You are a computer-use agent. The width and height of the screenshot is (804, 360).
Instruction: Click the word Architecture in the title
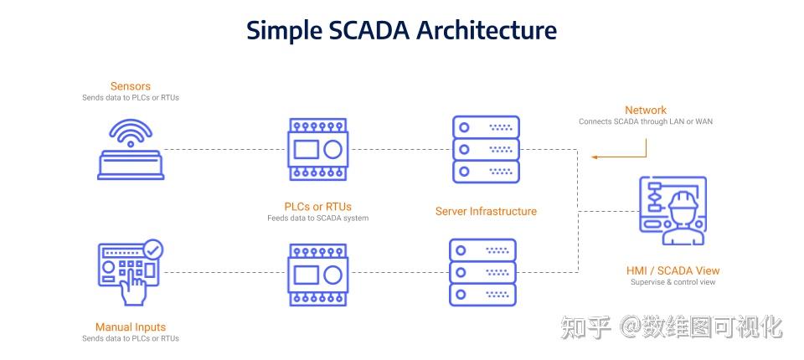click(487, 30)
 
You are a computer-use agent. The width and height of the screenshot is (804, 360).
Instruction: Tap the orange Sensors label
click(131, 86)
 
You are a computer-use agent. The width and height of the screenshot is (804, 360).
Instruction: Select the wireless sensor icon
click(131, 150)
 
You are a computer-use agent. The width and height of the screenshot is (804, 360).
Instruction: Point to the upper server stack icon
click(486, 150)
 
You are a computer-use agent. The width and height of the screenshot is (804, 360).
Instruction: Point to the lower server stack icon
click(482, 272)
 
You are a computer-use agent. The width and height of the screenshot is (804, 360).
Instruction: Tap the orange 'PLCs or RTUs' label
click(318, 206)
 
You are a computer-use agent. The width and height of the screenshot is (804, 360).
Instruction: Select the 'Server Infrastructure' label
click(486, 211)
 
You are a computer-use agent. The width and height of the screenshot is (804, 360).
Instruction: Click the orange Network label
click(646, 110)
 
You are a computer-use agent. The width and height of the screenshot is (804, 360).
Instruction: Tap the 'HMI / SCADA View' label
click(673, 270)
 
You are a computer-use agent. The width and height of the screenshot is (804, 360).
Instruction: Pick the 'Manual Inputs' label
click(131, 327)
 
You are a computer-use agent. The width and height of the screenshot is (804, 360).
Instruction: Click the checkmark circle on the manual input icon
click(153, 249)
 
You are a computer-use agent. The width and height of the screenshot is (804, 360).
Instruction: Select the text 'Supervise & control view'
click(673, 282)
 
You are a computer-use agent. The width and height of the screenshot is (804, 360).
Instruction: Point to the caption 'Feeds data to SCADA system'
click(318, 218)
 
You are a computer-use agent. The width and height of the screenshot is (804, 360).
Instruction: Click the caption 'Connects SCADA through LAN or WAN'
click(646, 122)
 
